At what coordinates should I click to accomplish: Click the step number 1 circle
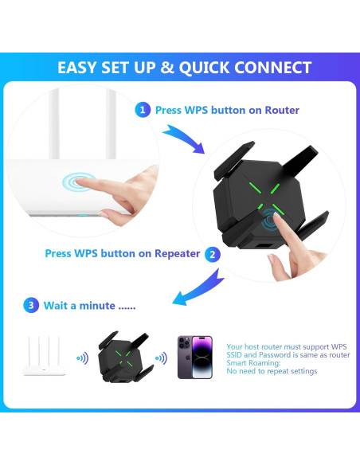pos(142,110)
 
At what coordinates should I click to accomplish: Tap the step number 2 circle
pos(213,254)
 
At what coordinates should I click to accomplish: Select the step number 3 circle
pos(30,304)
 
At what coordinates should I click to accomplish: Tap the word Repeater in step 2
pos(172,254)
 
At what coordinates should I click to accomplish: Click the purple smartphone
pos(194,357)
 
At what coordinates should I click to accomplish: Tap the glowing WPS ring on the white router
pos(78,182)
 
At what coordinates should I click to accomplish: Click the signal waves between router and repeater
pos(82,358)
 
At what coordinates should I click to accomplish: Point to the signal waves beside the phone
pos(161,358)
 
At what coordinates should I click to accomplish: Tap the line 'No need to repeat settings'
pos(272,371)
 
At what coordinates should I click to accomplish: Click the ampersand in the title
pos(166,67)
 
